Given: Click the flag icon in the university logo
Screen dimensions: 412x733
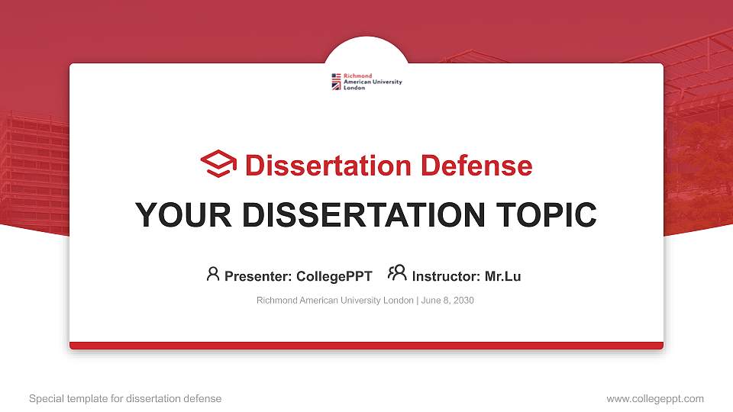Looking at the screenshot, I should pyautogui.click(x=336, y=82).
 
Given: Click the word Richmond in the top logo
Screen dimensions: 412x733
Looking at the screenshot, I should pyautogui.click(x=358, y=76).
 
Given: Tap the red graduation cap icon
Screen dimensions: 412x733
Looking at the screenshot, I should pyautogui.click(x=218, y=164).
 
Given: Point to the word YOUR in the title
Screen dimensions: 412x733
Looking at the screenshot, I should pyautogui.click(x=173, y=215).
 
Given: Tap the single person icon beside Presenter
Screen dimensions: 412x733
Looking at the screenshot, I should pyautogui.click(x=213, y=274).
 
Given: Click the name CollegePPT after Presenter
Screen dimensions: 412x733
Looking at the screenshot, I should pyautogui.click(x=334, y=276).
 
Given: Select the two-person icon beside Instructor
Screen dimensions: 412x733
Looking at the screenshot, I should pyautogui.click(x=397, y=273).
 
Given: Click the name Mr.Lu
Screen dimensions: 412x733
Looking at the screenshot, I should pyautogui.click(x=502, y=276).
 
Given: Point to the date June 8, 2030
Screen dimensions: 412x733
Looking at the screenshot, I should pyautogui.click(x=447, y=301).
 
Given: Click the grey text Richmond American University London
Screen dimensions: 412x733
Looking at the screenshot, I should pyautogui.click(x=334, y=301).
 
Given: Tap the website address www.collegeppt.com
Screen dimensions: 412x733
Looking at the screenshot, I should pyautogui.click(x=654, y=398).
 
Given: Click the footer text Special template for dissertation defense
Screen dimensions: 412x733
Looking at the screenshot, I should pyautogui.click(x=125, y=398).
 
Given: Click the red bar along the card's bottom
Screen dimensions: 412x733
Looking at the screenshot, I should pyautogui.click(x=366, y=346).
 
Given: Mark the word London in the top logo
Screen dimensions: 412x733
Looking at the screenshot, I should pyautogui.click(x=354, y=88).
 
